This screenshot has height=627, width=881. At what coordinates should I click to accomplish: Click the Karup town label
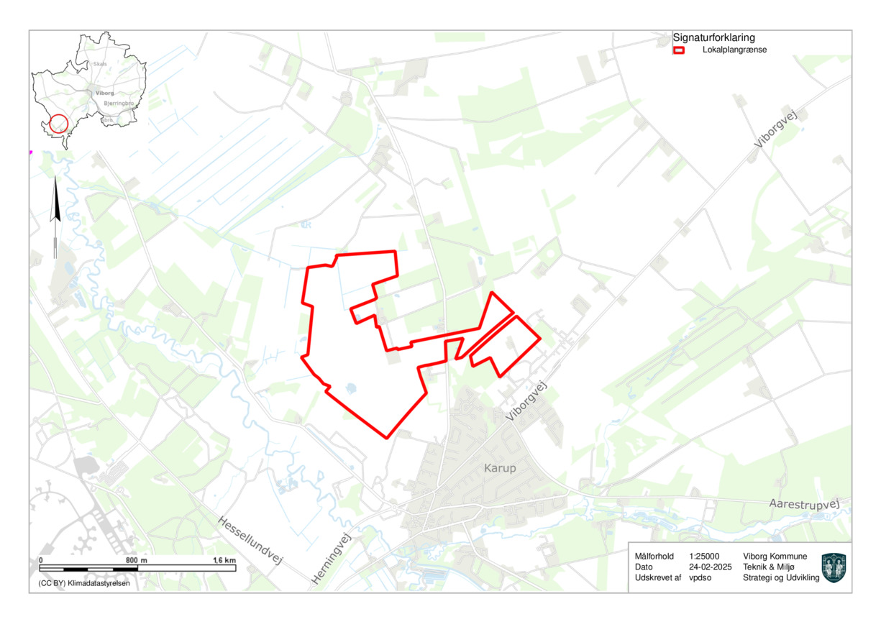499,469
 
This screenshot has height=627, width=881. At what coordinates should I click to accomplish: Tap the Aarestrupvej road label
804,504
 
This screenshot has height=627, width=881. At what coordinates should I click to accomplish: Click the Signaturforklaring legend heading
713,37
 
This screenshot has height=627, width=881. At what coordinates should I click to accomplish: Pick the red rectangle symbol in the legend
678,50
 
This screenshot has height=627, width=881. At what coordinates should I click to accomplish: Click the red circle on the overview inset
59,124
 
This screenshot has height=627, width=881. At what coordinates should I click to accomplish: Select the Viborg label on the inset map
104,93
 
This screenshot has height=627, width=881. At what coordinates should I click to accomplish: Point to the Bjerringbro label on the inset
119,104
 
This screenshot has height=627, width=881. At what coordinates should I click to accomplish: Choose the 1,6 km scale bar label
224,559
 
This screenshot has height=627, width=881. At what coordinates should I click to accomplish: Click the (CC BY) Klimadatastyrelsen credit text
80,584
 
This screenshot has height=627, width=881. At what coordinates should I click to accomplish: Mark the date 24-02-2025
710,567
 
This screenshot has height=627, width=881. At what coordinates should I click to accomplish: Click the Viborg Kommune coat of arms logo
834,567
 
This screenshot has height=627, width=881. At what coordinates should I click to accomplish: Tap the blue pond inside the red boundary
350,389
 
